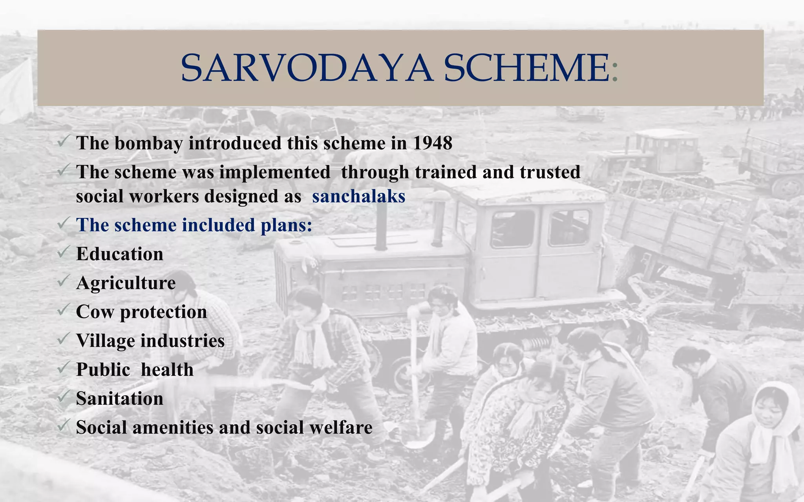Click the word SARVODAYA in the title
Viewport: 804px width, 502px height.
307,68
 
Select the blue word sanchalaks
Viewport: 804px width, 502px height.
358,196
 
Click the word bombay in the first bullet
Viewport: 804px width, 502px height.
149,144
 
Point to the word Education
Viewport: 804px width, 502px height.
119,254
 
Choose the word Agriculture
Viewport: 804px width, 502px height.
126,283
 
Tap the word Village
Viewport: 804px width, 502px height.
105,341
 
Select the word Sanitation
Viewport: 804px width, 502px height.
119,399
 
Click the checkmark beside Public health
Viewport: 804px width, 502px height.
64,368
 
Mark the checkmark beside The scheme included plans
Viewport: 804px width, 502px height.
64,223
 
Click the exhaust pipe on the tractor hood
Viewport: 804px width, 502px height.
381,227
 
